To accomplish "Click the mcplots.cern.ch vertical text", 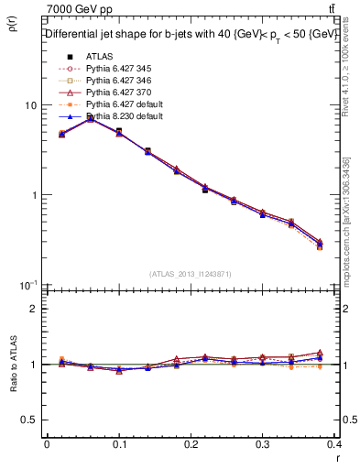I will click(346, 220).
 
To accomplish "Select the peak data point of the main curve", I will click(90, 117).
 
